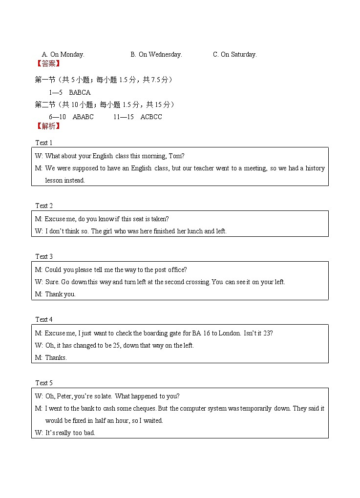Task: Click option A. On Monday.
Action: [x=63, y=55]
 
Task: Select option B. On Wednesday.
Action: [x=156, y=55]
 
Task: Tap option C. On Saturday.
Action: [x=234, y=55]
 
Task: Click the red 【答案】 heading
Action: [x=48, y=63]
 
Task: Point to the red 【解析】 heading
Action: [x=48, y=126]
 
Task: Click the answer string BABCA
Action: [x=80, y=92]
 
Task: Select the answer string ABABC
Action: [x=83, y=117]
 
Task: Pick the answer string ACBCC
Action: [x=151, y=117]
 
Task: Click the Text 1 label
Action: [x=43, y=143]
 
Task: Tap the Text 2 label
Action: [x=43, y=206]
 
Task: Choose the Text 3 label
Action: [x=43, y=256]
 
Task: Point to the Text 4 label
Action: [x=43, y=319]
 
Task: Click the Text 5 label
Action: [x=43, y=383]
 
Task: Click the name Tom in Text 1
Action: [x=175, y=156]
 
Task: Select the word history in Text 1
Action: [x=315, y=168]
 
